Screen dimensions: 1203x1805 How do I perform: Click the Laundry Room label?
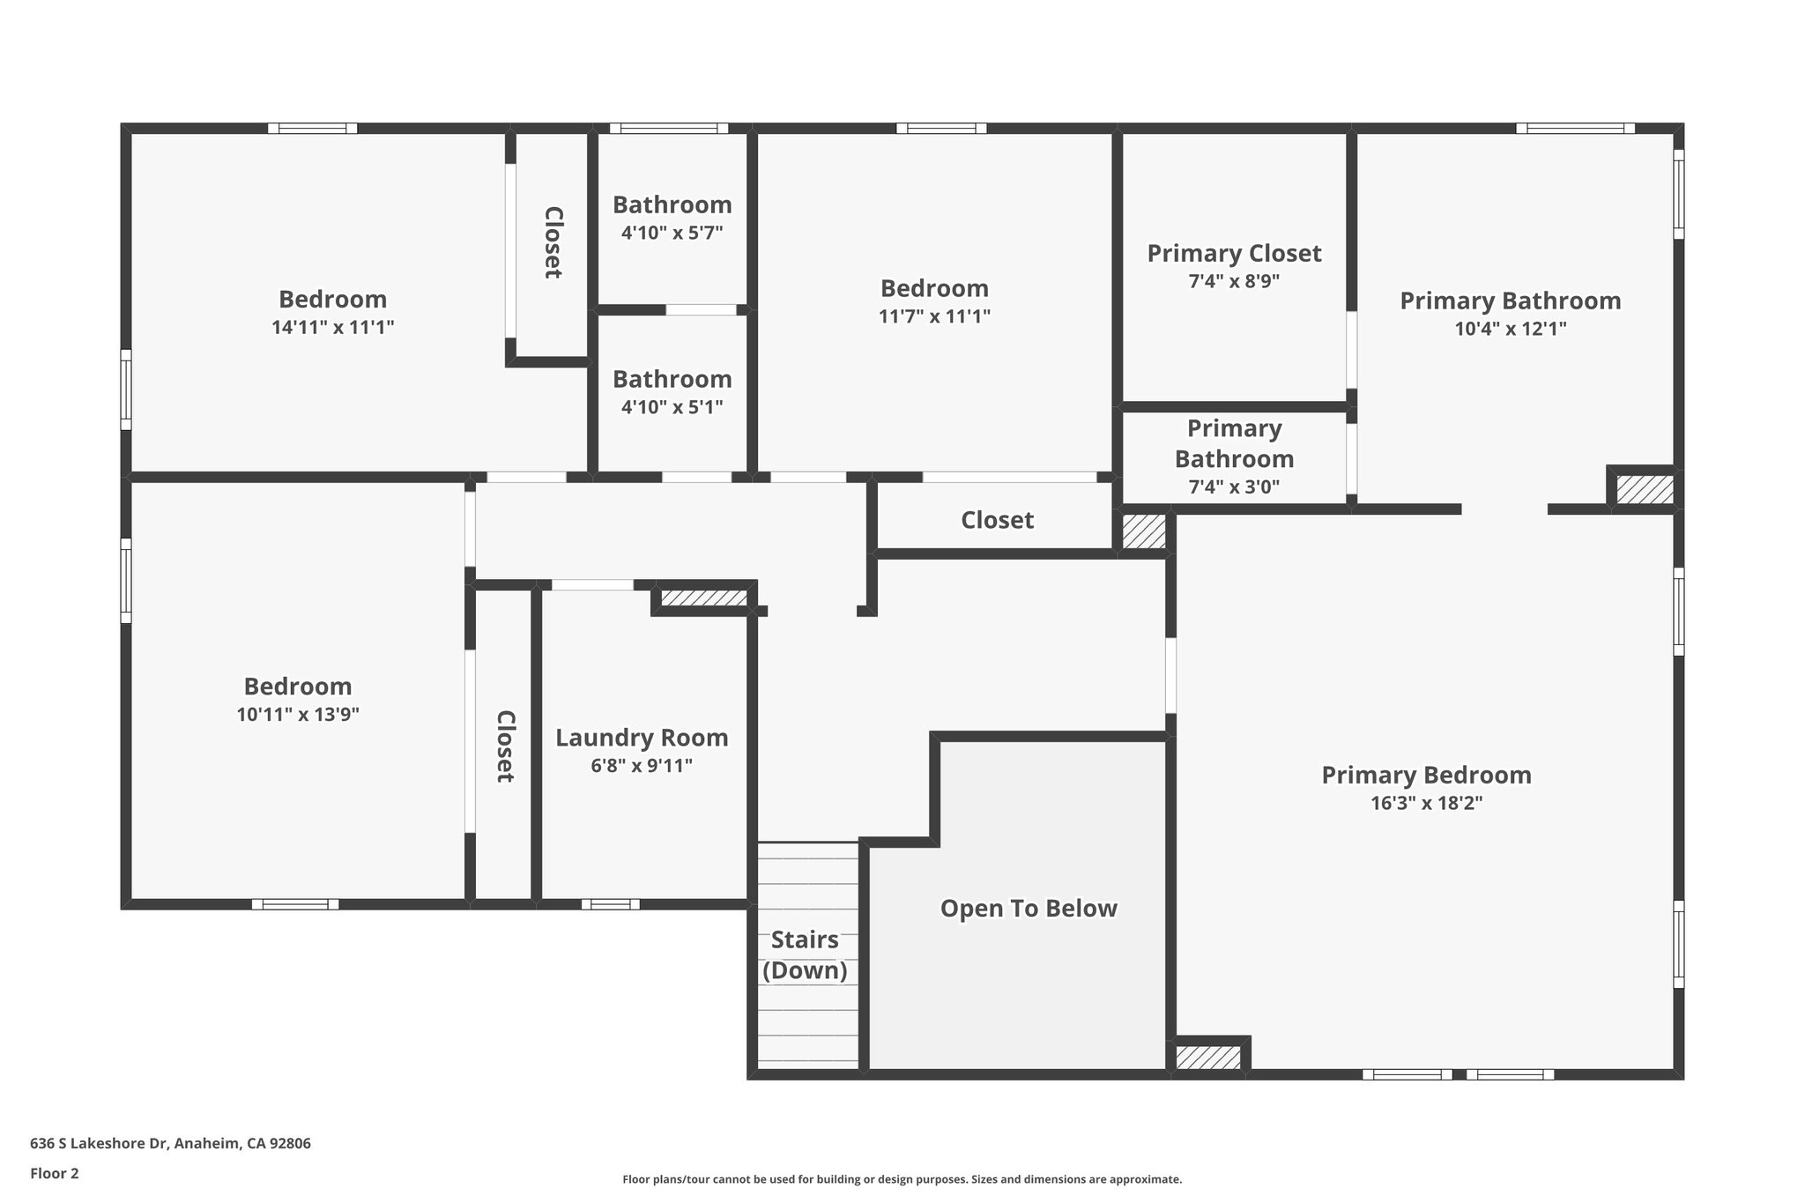click(642, 738)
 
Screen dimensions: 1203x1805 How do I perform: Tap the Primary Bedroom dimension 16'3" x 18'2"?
click(1426, 803)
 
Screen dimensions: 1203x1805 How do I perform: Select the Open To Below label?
click(1029, 909)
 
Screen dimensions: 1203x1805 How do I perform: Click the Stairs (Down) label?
click(805, 954)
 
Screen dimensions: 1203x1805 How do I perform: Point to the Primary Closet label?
click(1234, 254)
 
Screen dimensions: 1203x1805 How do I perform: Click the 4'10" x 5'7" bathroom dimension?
click(672, 234)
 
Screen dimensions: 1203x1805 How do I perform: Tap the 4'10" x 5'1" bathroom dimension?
click(672, 407)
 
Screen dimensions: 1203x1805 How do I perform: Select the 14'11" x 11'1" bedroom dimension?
click(332, 328)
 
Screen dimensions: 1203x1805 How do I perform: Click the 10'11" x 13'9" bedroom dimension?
click(298, 715)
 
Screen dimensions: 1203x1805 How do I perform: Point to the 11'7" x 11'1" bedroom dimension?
click(934, 316)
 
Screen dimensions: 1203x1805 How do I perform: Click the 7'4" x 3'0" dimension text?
click(1234, 486)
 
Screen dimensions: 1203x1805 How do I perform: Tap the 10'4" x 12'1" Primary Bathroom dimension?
click(1510, 329)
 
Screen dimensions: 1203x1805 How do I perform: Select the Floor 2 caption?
click(55, 1174)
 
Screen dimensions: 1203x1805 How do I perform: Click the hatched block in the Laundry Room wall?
click(703, 598)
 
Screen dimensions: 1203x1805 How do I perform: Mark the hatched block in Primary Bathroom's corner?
click(1644, 489)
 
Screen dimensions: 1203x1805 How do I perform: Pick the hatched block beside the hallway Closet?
click(1144, 531)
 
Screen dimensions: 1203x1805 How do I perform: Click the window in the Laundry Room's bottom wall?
click(610, 903)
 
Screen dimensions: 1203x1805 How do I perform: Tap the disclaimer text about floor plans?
click(902, 1179)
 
